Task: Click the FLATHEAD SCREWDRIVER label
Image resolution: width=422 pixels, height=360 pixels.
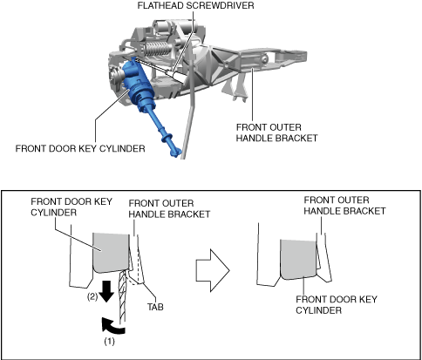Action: click(x=195, y=5)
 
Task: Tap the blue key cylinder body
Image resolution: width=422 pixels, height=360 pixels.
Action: click(x=136, y=85)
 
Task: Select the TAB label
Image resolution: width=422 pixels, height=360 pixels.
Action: click(x=155, y=307)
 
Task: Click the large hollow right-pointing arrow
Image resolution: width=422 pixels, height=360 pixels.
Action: click(x=213, y=270)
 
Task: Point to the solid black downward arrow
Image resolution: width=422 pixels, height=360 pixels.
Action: click(x=107, y=291)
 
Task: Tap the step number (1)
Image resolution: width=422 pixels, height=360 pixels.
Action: click(x=110, y=342)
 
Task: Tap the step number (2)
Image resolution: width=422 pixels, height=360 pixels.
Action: click(x=92, y=297)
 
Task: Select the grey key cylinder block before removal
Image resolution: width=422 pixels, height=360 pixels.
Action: click(x=111, y=253)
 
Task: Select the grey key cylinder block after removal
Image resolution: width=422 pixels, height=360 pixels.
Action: click(x=298, y=259)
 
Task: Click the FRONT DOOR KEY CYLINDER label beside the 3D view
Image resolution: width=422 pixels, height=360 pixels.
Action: click(x=80, y=148)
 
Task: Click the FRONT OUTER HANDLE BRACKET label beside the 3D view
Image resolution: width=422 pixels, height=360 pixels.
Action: click(x=276, y=132)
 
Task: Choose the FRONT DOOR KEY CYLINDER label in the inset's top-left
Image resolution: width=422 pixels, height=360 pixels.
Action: click(x=71, y=207)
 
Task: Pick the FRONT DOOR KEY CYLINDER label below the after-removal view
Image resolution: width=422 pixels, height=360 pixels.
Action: click(x=337, y=304)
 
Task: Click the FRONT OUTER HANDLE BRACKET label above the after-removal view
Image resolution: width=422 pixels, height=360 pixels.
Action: click(x=344, y=206)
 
